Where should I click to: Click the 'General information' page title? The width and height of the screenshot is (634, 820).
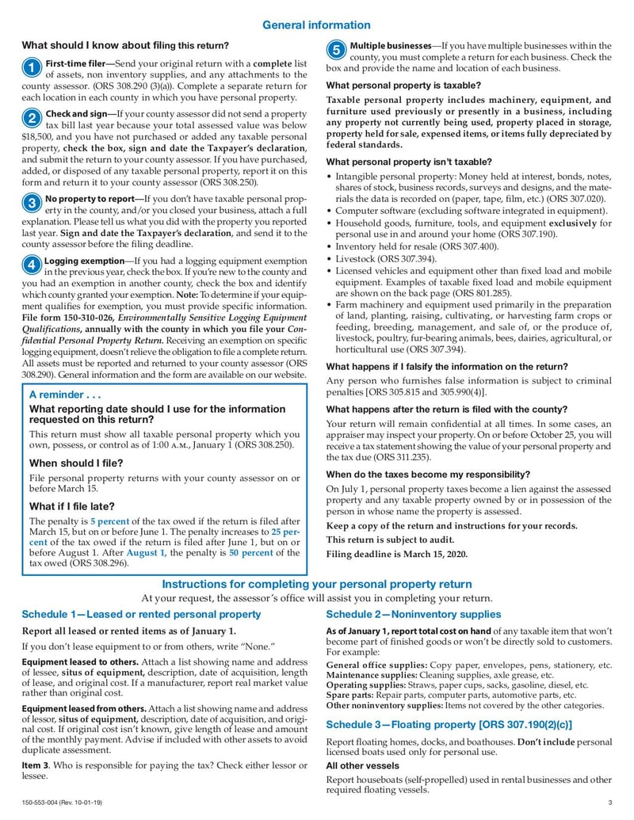tap(316, 25)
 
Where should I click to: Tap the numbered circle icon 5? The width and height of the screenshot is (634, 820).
tap(336, 51)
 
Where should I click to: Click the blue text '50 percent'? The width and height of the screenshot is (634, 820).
tap(251, 552)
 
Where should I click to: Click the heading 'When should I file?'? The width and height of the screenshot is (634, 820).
tap(77, 463)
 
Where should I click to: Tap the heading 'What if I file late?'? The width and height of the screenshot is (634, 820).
tap(72, 505)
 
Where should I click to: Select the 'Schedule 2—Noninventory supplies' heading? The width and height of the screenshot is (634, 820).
tap(414, 614)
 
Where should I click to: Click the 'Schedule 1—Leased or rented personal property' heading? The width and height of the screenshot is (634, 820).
tap(141, 614)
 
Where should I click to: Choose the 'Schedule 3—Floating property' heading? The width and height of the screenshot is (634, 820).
tap(449, 724)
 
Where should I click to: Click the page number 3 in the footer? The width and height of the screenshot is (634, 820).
tap(610, 804)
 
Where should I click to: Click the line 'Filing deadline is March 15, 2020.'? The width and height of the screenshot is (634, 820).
tap(397, 554)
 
